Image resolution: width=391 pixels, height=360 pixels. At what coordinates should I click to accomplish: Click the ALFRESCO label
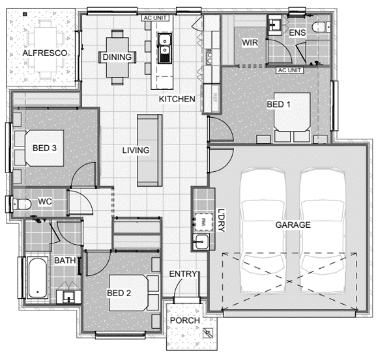tap(44, 53)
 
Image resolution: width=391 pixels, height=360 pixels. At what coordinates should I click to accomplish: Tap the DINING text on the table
tap(117, 57)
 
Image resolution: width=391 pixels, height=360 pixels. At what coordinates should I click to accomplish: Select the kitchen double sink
tap(165, 48)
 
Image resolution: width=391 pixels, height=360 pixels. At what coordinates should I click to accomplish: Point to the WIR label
tap(250, 42)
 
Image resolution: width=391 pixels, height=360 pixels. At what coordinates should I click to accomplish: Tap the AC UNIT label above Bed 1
tap(289, 70)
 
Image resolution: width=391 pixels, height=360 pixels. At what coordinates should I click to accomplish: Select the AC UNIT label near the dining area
tap(155, 18)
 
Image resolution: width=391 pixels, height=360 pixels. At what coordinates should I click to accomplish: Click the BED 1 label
tap(278, 104)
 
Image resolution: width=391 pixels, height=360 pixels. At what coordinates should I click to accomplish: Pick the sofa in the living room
tap(149, 150)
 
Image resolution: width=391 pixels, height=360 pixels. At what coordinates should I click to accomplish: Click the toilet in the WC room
tap(22, 204)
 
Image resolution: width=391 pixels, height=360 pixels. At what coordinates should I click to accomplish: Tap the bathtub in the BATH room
tap(37, 278)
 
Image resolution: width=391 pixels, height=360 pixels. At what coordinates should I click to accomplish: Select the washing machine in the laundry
tap(203, 222)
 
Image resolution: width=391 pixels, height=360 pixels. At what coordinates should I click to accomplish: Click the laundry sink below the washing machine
tap(201, 242)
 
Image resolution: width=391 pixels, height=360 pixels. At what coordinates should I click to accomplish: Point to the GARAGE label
tap(293, 225)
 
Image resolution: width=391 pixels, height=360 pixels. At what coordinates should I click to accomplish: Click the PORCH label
tap(185, 320)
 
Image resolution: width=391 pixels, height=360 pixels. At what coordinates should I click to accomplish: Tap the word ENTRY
tap(183, 274)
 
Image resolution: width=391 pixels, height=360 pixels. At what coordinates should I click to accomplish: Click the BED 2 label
tap(119, 293)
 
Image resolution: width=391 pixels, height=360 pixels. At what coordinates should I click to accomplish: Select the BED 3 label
tap(44, 148)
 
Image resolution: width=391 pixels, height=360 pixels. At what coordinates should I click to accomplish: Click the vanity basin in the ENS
tap(274, 25)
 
